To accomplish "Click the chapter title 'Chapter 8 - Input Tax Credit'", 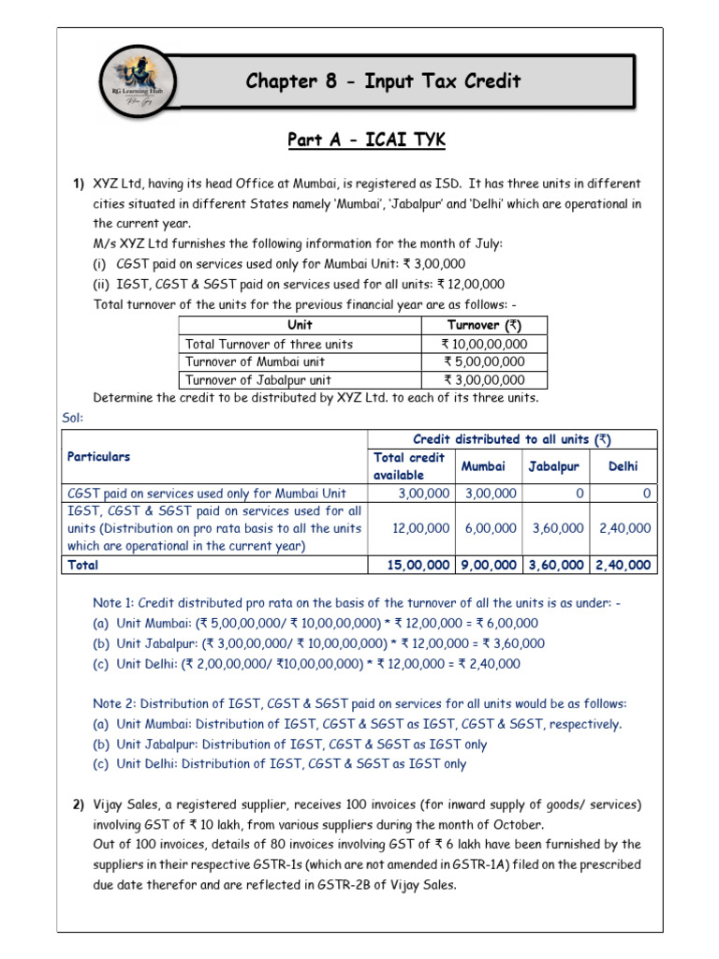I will pyautogui.click(x=383, y=81).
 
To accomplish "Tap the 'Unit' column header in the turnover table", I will pyautogui.click(x=300, y=325).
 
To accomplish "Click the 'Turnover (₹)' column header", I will pyautogui.click(x=484, y=325).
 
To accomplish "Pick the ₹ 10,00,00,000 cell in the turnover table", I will pyautogui.click(x=484, y=344).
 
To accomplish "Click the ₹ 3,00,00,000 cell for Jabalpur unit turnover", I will pyautogui.click(x=484, y=380).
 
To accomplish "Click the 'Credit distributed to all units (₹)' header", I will pyautogui.click(x=512, y=439).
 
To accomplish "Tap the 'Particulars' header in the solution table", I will pyautogui.click(x=99, y=457).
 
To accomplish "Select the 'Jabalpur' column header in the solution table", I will pyautogui.click(x=556, y=465).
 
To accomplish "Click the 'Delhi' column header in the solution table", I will pyautogui.click(x=624, y=465).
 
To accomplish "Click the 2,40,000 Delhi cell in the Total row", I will pyautogui.click(x=624, y=565).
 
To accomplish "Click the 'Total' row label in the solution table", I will pyautogui.click(x=82, y=565).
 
